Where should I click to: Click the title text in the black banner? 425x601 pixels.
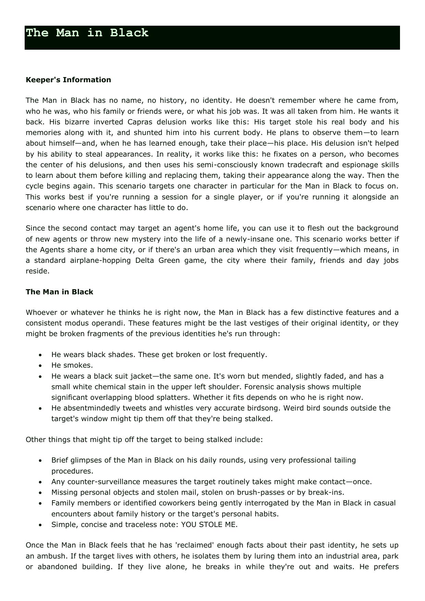click(x=87, y=33)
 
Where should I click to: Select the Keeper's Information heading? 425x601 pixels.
click(x=68, y=80)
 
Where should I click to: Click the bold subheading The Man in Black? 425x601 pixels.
click(x=59, y=292)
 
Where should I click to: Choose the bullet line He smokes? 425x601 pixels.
click(x=72, y=365)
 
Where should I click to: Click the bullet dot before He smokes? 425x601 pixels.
click(x=41, y=366)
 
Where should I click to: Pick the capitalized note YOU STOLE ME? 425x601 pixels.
click(x=209, y=525)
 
